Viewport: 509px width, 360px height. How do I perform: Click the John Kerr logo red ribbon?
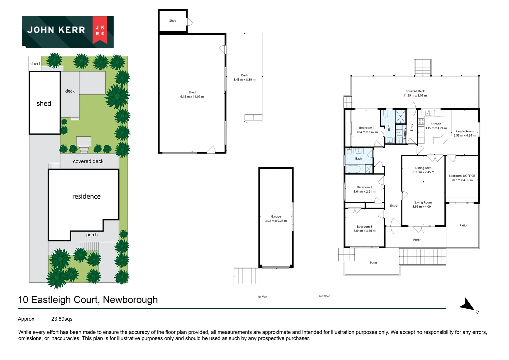(100, 30)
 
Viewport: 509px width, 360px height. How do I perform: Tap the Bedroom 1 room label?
(366, 128)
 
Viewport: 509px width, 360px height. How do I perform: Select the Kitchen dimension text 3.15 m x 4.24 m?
(436, 128)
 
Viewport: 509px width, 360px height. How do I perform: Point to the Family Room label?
(464, 131)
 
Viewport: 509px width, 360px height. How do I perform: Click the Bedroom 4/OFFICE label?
(462, 176)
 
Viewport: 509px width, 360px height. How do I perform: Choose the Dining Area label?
(423, 168)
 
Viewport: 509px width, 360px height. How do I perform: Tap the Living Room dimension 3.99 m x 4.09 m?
(423, 207)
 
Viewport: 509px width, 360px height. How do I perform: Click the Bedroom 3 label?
(364, 227)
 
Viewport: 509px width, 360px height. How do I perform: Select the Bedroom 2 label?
(364, 187)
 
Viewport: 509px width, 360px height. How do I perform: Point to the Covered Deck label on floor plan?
(415, 91)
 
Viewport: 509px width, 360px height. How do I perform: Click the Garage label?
(276, 217)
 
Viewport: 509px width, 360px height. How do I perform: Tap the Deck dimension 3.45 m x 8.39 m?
(245, 80)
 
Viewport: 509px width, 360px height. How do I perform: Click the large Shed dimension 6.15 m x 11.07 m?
(192, 97)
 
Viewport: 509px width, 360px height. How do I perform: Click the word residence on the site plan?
(86, 197)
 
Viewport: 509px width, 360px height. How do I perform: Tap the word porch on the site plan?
(92, 235)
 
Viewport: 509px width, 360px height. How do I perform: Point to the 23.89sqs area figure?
(62, 319)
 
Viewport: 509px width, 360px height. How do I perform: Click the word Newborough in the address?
(130, 300)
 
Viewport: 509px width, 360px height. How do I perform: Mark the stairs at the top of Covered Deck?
(423, 68)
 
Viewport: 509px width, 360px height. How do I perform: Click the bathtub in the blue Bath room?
(353, 169)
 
